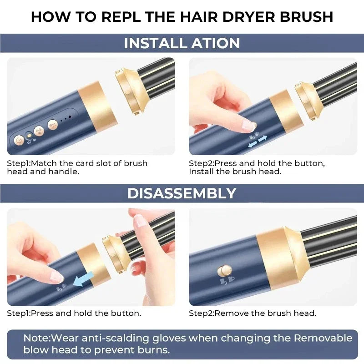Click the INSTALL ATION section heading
[182, 43]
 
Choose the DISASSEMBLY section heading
[182, 193]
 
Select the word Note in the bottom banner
[36, 338]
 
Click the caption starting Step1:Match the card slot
[77, 167]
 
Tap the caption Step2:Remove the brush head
[253, 313]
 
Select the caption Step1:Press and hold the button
[74, 313]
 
